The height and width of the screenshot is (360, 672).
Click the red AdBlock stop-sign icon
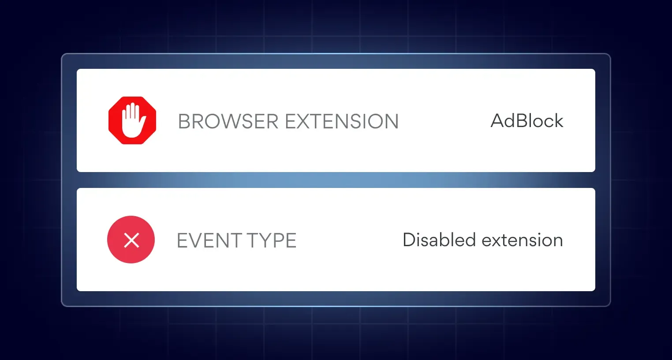click(132, 120)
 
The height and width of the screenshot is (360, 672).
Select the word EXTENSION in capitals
click(342, 121)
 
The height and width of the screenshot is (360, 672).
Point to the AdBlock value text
click(527, 121)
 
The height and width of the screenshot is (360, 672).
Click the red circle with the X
click(131, 240)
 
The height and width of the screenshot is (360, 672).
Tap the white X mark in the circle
click(131, 240)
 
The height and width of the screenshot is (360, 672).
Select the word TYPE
click(271, 240)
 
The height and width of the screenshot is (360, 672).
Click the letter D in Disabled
click(410, 240)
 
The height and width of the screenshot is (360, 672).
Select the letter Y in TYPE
click(262, 240)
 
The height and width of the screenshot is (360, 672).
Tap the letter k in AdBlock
click(558, 121)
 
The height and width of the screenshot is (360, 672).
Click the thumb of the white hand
click(143, 121)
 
